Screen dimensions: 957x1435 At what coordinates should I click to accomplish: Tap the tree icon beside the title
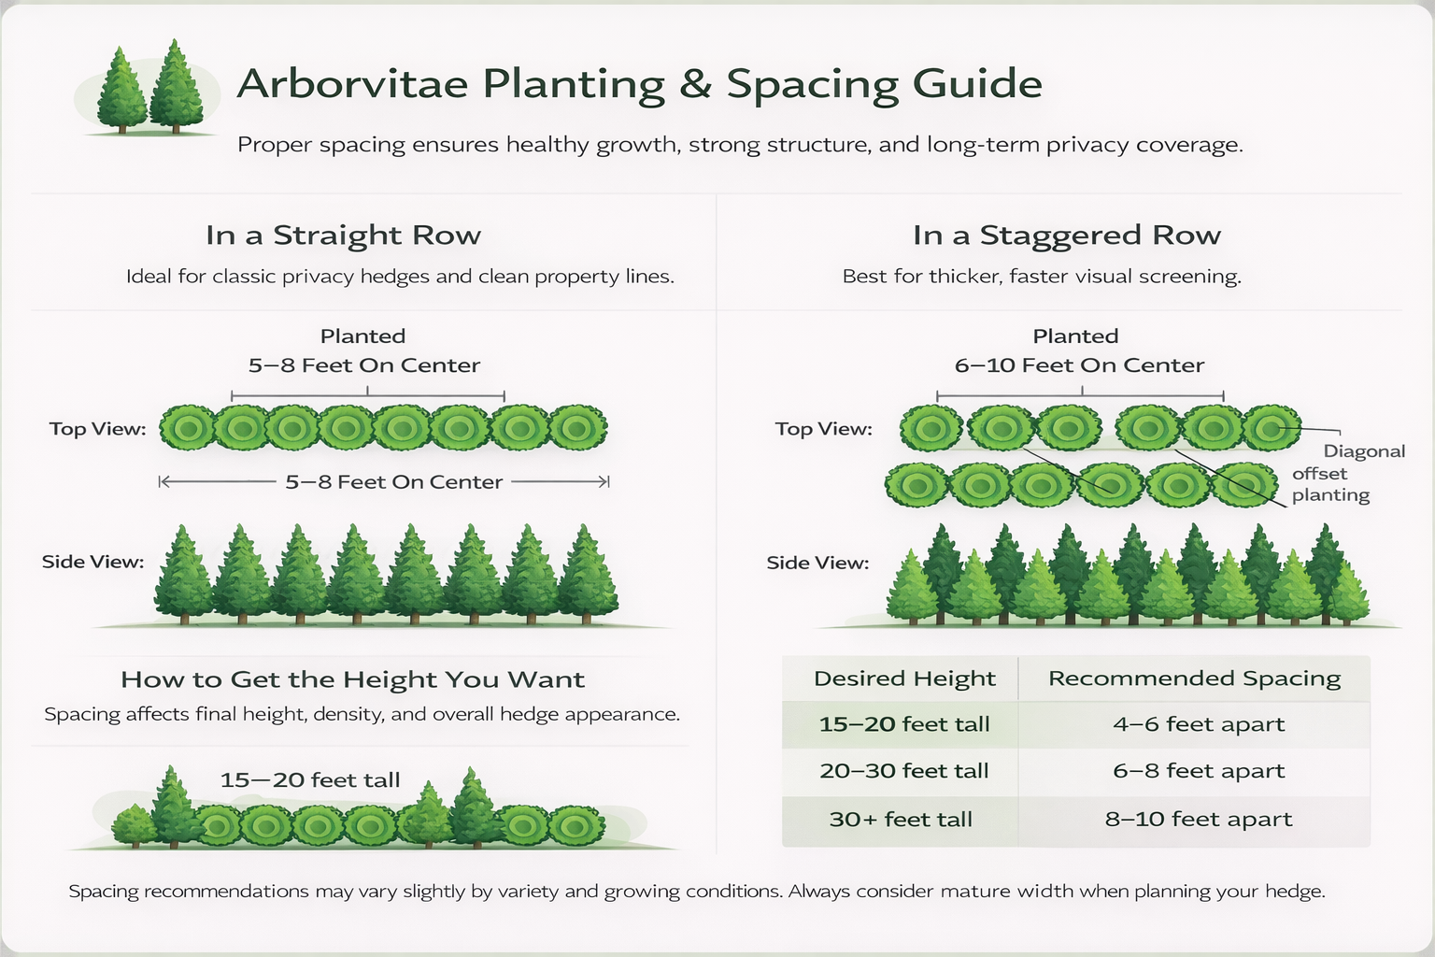click(149, 89)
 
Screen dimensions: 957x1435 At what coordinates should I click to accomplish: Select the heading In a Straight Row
click(343, 236)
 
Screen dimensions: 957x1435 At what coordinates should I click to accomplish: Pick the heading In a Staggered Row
click(1066, 236)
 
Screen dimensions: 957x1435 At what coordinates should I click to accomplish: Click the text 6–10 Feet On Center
click(1079, 365)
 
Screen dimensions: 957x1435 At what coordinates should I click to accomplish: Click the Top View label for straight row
click(97, 429)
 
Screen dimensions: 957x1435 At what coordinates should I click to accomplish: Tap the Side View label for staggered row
click(817, 563)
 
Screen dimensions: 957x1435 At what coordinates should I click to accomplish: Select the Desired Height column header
click(904, 678)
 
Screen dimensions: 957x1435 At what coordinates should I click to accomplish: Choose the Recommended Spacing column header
click(1194, 678)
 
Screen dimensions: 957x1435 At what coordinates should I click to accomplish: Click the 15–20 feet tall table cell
click(904, 724)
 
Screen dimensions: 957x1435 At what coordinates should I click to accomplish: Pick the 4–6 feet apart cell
click(1199, 724)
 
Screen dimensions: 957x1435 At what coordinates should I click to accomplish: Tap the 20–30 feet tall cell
click(904, 771)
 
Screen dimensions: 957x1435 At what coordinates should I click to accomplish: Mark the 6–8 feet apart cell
click(1199, 771)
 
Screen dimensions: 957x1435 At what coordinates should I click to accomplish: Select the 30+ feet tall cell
click(901, 820)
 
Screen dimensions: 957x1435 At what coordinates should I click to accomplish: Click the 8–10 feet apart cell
click(1199, 820)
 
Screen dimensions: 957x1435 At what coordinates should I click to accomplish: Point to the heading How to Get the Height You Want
click(352, 679)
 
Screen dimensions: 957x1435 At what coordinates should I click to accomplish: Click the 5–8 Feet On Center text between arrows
click(393, 482)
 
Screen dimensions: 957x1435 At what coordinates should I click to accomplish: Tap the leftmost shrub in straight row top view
click(188, 429)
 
